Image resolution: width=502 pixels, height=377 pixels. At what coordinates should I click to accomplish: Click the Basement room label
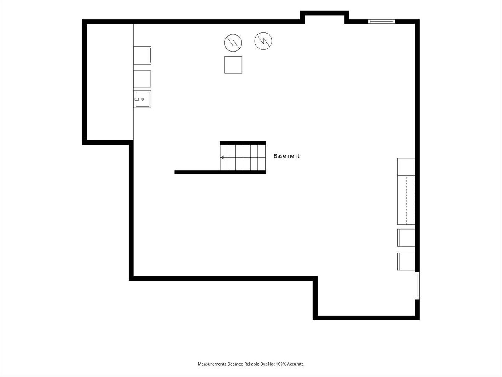286,156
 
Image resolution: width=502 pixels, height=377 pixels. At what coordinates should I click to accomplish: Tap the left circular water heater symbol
233,43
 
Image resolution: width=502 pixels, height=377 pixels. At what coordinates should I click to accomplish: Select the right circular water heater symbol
263,41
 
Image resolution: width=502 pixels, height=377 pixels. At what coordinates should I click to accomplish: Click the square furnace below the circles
233,65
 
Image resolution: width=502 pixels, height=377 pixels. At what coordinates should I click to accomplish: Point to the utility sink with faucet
142,99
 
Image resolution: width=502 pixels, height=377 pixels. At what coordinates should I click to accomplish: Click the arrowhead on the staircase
222,157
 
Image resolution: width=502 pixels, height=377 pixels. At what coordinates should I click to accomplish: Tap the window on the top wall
382,21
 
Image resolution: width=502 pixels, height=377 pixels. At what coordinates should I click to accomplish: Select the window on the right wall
417,285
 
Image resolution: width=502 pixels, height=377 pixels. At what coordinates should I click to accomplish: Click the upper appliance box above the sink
142,55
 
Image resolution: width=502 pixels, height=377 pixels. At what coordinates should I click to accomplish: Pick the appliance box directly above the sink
142,79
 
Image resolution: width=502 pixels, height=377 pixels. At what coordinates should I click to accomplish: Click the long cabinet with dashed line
406,200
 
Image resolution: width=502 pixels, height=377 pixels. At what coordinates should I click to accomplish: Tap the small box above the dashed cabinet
406,167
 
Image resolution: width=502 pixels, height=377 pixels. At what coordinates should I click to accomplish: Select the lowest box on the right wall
406,262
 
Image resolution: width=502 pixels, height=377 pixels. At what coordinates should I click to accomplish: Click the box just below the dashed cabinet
406,238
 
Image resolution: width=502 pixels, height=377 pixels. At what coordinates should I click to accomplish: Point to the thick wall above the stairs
243,143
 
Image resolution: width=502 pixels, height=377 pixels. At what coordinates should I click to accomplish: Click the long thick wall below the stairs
220,172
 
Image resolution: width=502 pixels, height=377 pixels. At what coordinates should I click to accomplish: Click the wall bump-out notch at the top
324,13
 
